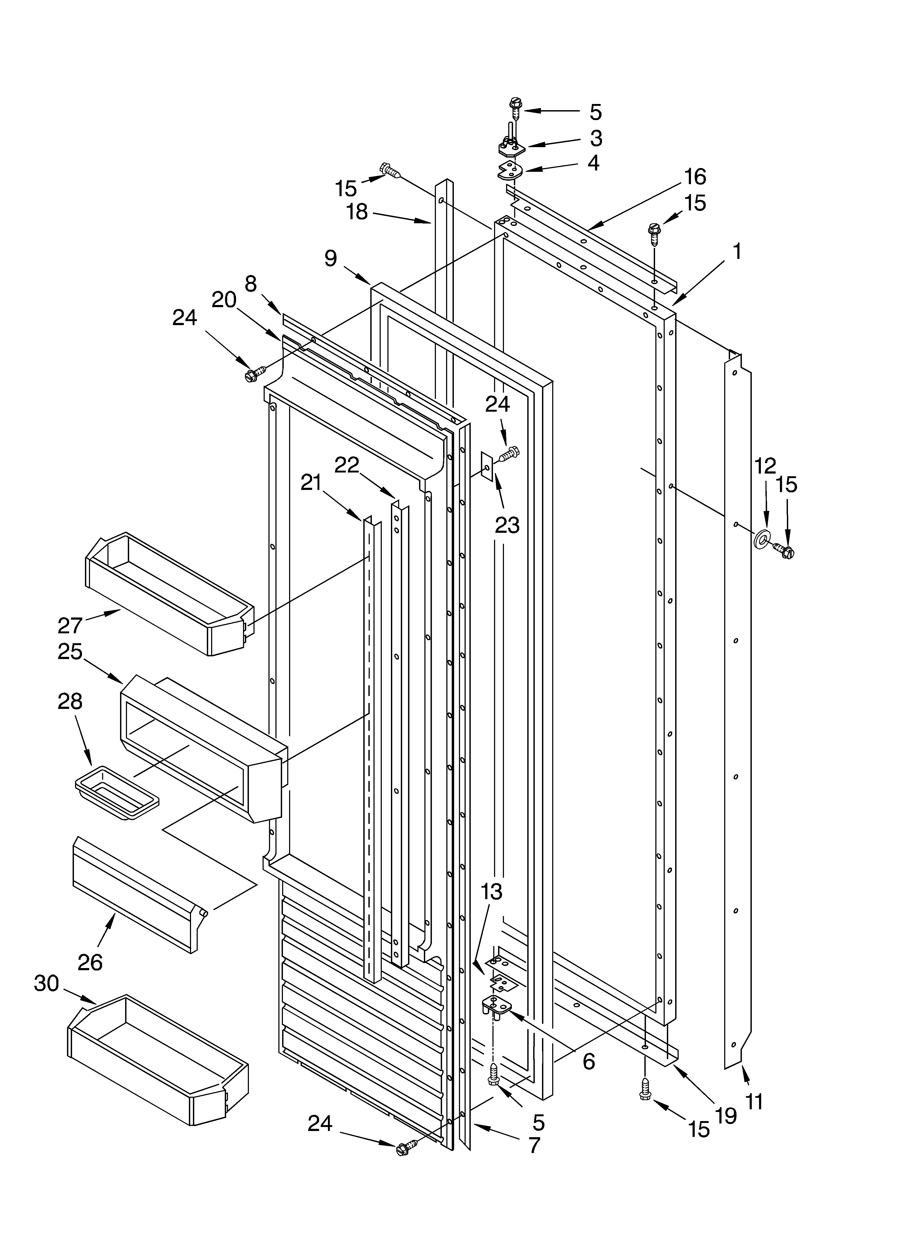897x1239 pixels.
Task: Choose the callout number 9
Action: click(331, 258)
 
